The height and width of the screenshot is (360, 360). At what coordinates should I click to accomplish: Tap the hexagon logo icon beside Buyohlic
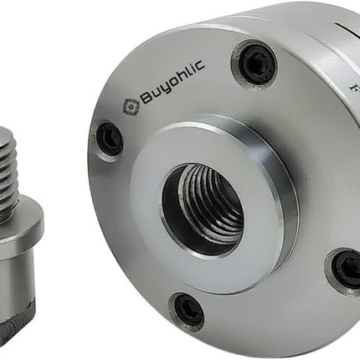coord(130,105)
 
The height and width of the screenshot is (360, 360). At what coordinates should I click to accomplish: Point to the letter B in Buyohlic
coord(145,100)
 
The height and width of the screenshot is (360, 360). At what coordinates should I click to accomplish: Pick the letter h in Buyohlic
coord(183,85)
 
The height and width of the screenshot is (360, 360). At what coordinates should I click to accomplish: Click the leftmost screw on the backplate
coord(109,138)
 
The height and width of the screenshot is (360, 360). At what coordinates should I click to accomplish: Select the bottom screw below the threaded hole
coord(188,311)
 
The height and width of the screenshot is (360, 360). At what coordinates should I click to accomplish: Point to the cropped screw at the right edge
coord(347,268)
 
